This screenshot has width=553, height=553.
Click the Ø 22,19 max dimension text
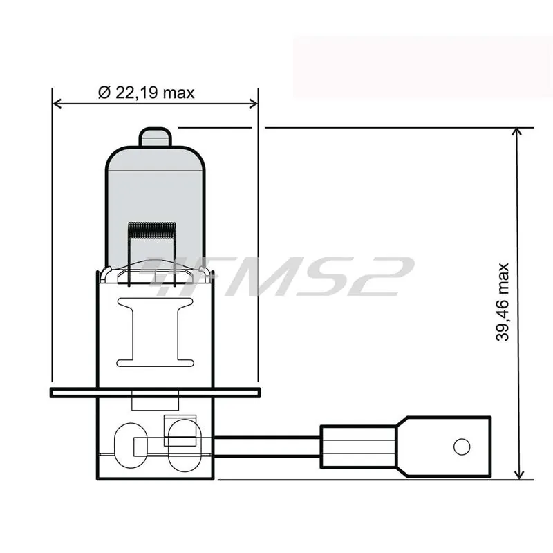click(x=146, y=93)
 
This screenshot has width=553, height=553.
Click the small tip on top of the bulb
click(x=155, y=136)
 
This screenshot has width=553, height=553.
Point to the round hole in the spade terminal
click(x=462, y=447)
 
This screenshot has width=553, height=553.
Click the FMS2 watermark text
click(x=276, y=276)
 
